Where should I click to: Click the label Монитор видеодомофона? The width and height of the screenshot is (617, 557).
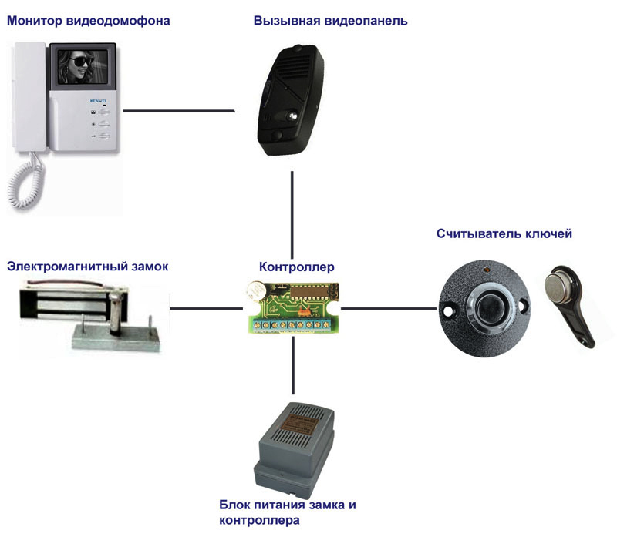[x=88, y=22]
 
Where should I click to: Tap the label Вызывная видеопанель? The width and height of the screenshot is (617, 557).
[x=330, y=22]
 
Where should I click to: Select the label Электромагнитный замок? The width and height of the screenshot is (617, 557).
[x=87, y=267]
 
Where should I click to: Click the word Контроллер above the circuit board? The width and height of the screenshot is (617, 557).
[x=296, y=267]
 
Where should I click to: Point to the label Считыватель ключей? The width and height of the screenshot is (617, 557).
[x=504, y=233]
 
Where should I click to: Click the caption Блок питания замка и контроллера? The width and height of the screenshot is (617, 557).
[x=287, y=513]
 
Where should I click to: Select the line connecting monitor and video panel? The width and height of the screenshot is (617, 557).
[x=179, y=111]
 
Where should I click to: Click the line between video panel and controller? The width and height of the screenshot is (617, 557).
[x=293, y=217]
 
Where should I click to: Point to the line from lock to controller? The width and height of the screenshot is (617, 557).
[x=205, y=308]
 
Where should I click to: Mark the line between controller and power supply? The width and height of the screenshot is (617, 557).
[x=293, y=370]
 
